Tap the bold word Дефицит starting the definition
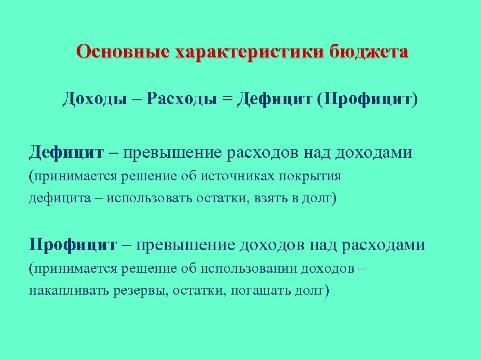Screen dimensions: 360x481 pyautogui.click(x=67, y=152)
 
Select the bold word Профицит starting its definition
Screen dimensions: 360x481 pyautogui.click(x=73, y=245)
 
